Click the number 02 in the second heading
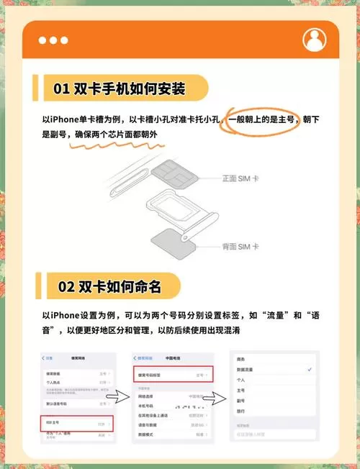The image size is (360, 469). point(66,286)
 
